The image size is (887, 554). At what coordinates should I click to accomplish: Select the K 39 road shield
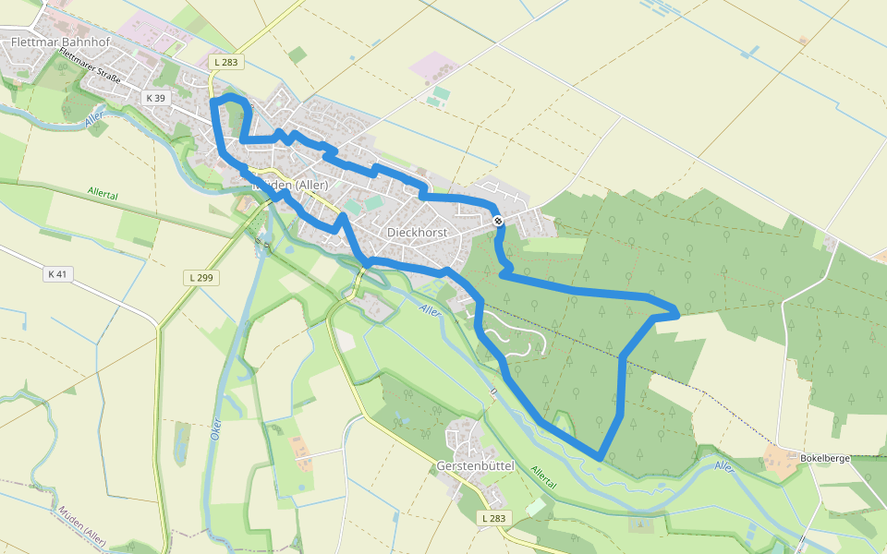155,98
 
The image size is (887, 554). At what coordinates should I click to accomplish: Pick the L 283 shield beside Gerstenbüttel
494,518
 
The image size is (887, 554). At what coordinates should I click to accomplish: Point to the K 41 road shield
57,274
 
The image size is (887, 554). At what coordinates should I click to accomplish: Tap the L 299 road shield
200,277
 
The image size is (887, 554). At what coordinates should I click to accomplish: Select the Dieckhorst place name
417,233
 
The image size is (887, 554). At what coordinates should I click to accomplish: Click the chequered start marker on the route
498,220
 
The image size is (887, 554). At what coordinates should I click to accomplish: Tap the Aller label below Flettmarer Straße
93,121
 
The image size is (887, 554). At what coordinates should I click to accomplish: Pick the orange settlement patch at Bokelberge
781,464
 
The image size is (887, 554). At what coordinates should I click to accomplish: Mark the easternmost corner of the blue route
679,313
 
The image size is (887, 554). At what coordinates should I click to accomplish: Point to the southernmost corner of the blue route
601,457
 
